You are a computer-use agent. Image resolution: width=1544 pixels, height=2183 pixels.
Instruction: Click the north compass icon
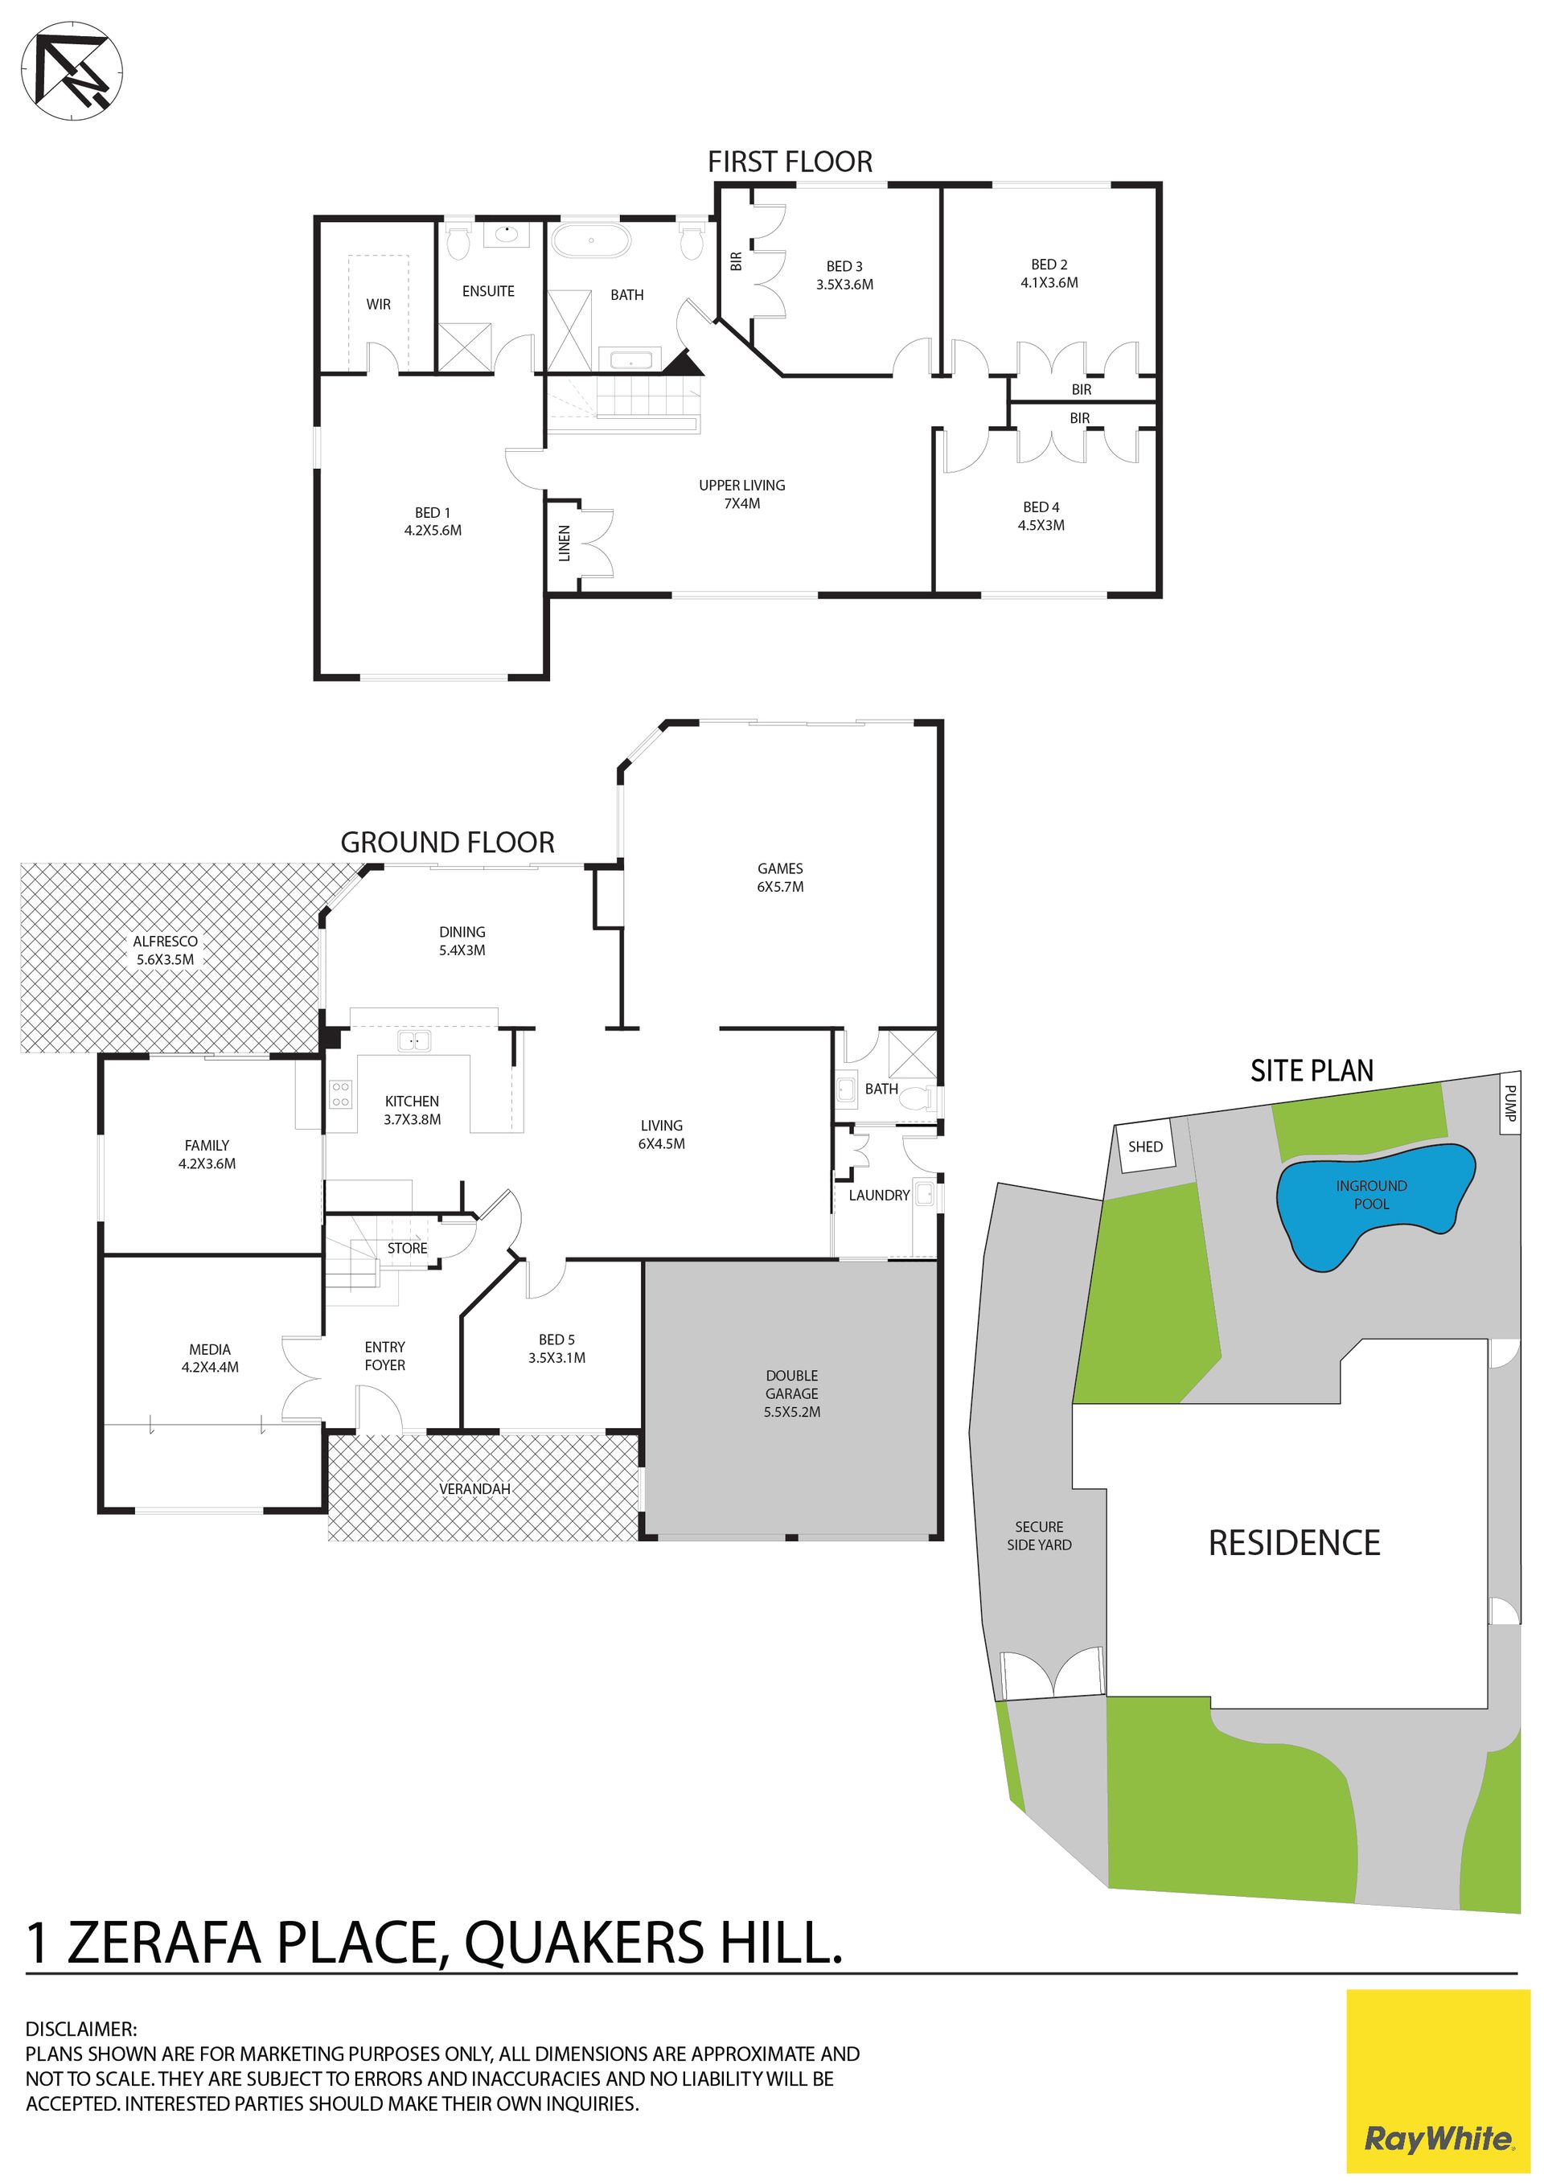tap(72, 72)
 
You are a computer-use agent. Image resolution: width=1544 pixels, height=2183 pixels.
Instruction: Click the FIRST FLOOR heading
tap(790, 162)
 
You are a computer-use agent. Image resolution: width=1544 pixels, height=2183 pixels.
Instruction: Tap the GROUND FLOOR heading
tap(447, 843)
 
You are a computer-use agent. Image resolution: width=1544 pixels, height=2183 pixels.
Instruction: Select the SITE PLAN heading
tap(1312, 1070)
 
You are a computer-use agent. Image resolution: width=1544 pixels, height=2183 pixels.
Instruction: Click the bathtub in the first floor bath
tap(591, 240)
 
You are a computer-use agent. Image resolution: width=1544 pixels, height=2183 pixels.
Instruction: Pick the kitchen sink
tap(413, 1041)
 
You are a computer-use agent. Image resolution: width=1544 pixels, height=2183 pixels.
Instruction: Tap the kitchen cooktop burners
tap(340, 1094)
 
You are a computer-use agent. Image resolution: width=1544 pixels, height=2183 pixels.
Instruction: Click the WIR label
tap(379, 304)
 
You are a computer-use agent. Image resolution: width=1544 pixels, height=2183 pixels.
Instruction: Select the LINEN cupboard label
tap(564, 543)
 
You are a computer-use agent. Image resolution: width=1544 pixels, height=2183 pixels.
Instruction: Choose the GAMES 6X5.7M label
tap(781, 876)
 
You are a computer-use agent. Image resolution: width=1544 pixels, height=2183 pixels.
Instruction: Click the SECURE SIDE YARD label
tap(1039, 1536)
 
